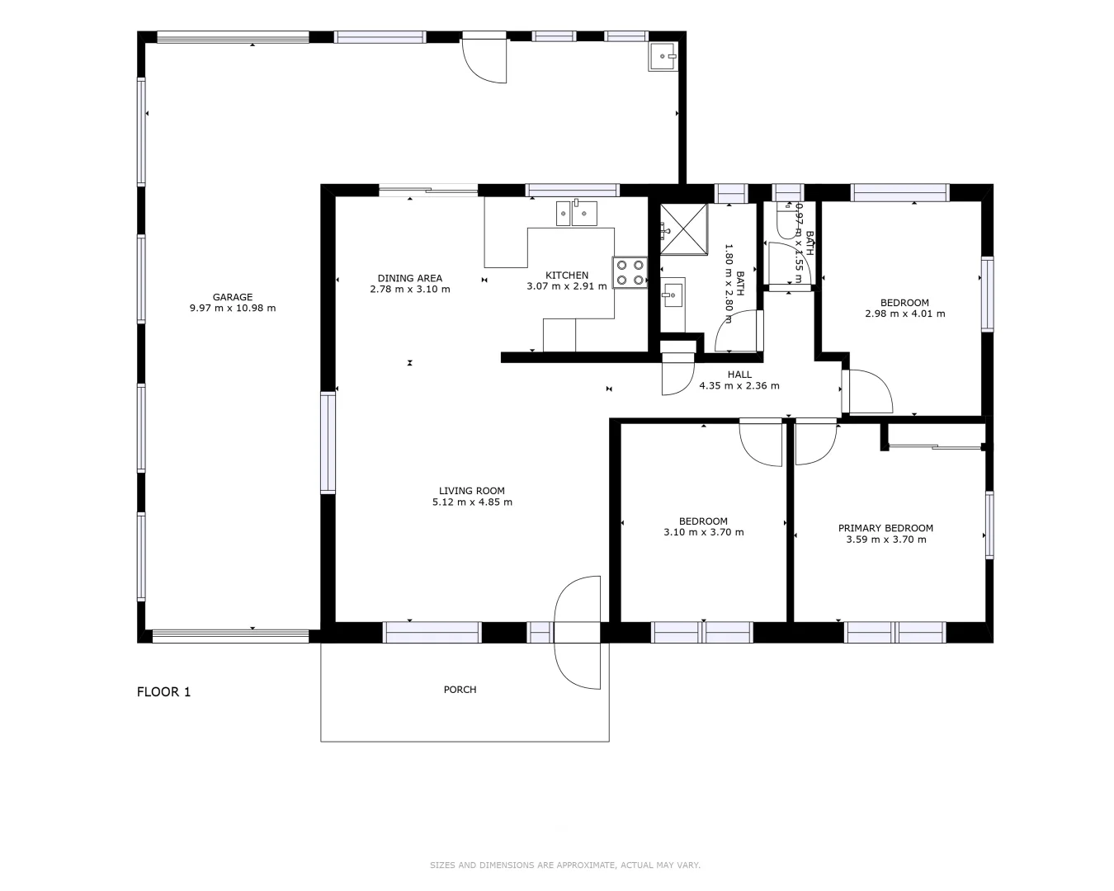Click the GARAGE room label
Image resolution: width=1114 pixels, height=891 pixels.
pyautogui.click(x=232, y=297)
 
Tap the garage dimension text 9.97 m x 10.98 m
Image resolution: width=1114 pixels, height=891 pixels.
pyautogui.click(x=232, y=309)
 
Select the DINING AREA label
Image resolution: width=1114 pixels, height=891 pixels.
pyautogui.click(x=409, y=278)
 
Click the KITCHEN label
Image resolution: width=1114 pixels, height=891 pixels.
pyautogui.click(x=567, y=276)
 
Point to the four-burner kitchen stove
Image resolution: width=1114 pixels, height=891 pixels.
pyautogui.click(x=630, y=272)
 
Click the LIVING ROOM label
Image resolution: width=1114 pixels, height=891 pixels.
pyautogui.click(x=471, y=491)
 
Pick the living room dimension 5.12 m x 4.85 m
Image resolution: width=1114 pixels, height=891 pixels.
pyautogui.click(x=471, y=502)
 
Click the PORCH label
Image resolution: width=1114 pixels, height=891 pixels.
pyautogui.click(x=460, y=690)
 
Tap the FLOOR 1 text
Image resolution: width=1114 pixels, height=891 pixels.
pyautogui.click(x=163, y=692)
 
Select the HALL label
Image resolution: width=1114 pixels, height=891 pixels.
pyautogui.click(x=739, y=375)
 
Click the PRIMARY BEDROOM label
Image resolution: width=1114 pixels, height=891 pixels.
pyautogui.click(x=885, y=528)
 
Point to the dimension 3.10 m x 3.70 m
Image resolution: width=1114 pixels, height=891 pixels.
pyautogui.click(x=703, y=532)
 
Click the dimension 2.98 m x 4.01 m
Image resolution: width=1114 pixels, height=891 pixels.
pyautogui.click(x=904, y=313)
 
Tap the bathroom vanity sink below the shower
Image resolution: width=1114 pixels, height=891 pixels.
pyautogui.click(x=673, y=294)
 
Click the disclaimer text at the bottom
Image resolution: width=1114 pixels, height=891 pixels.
pyautogui.click(x=564, y=865)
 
